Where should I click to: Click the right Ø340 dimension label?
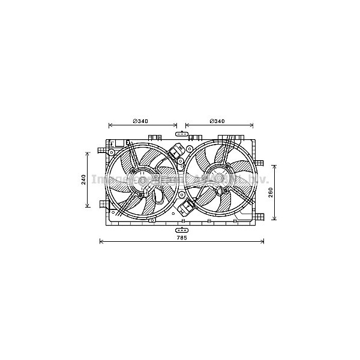point(217,121)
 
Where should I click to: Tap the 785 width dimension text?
point(182,238)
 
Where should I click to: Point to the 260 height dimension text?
point(271,193)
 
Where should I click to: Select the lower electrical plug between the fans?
point(184,209)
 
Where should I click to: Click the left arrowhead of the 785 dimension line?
point(101,242)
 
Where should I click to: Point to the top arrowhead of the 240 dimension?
point(88,152)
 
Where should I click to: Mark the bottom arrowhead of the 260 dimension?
point(275,218)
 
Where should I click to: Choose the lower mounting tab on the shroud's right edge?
point(260,215)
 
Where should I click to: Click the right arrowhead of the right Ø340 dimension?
point(252,125)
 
